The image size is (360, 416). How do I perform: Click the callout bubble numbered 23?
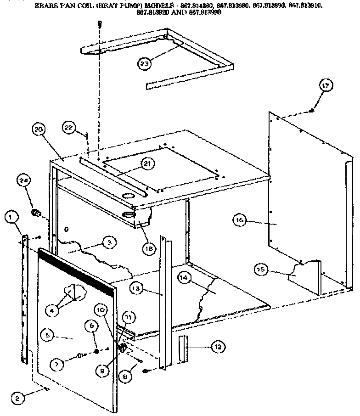[145, 64]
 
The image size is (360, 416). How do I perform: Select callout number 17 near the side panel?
[326, 85]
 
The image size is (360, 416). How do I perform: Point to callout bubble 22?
[68, 127]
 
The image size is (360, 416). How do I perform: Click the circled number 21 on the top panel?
[147, 163]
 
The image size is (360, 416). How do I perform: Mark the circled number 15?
[262, 270]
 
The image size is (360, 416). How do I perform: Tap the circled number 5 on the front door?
[47, 336]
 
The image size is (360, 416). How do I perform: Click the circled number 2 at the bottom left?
[17, 398]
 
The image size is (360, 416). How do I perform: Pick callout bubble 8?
[124, 376]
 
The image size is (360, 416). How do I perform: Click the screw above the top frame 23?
[98, 25]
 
